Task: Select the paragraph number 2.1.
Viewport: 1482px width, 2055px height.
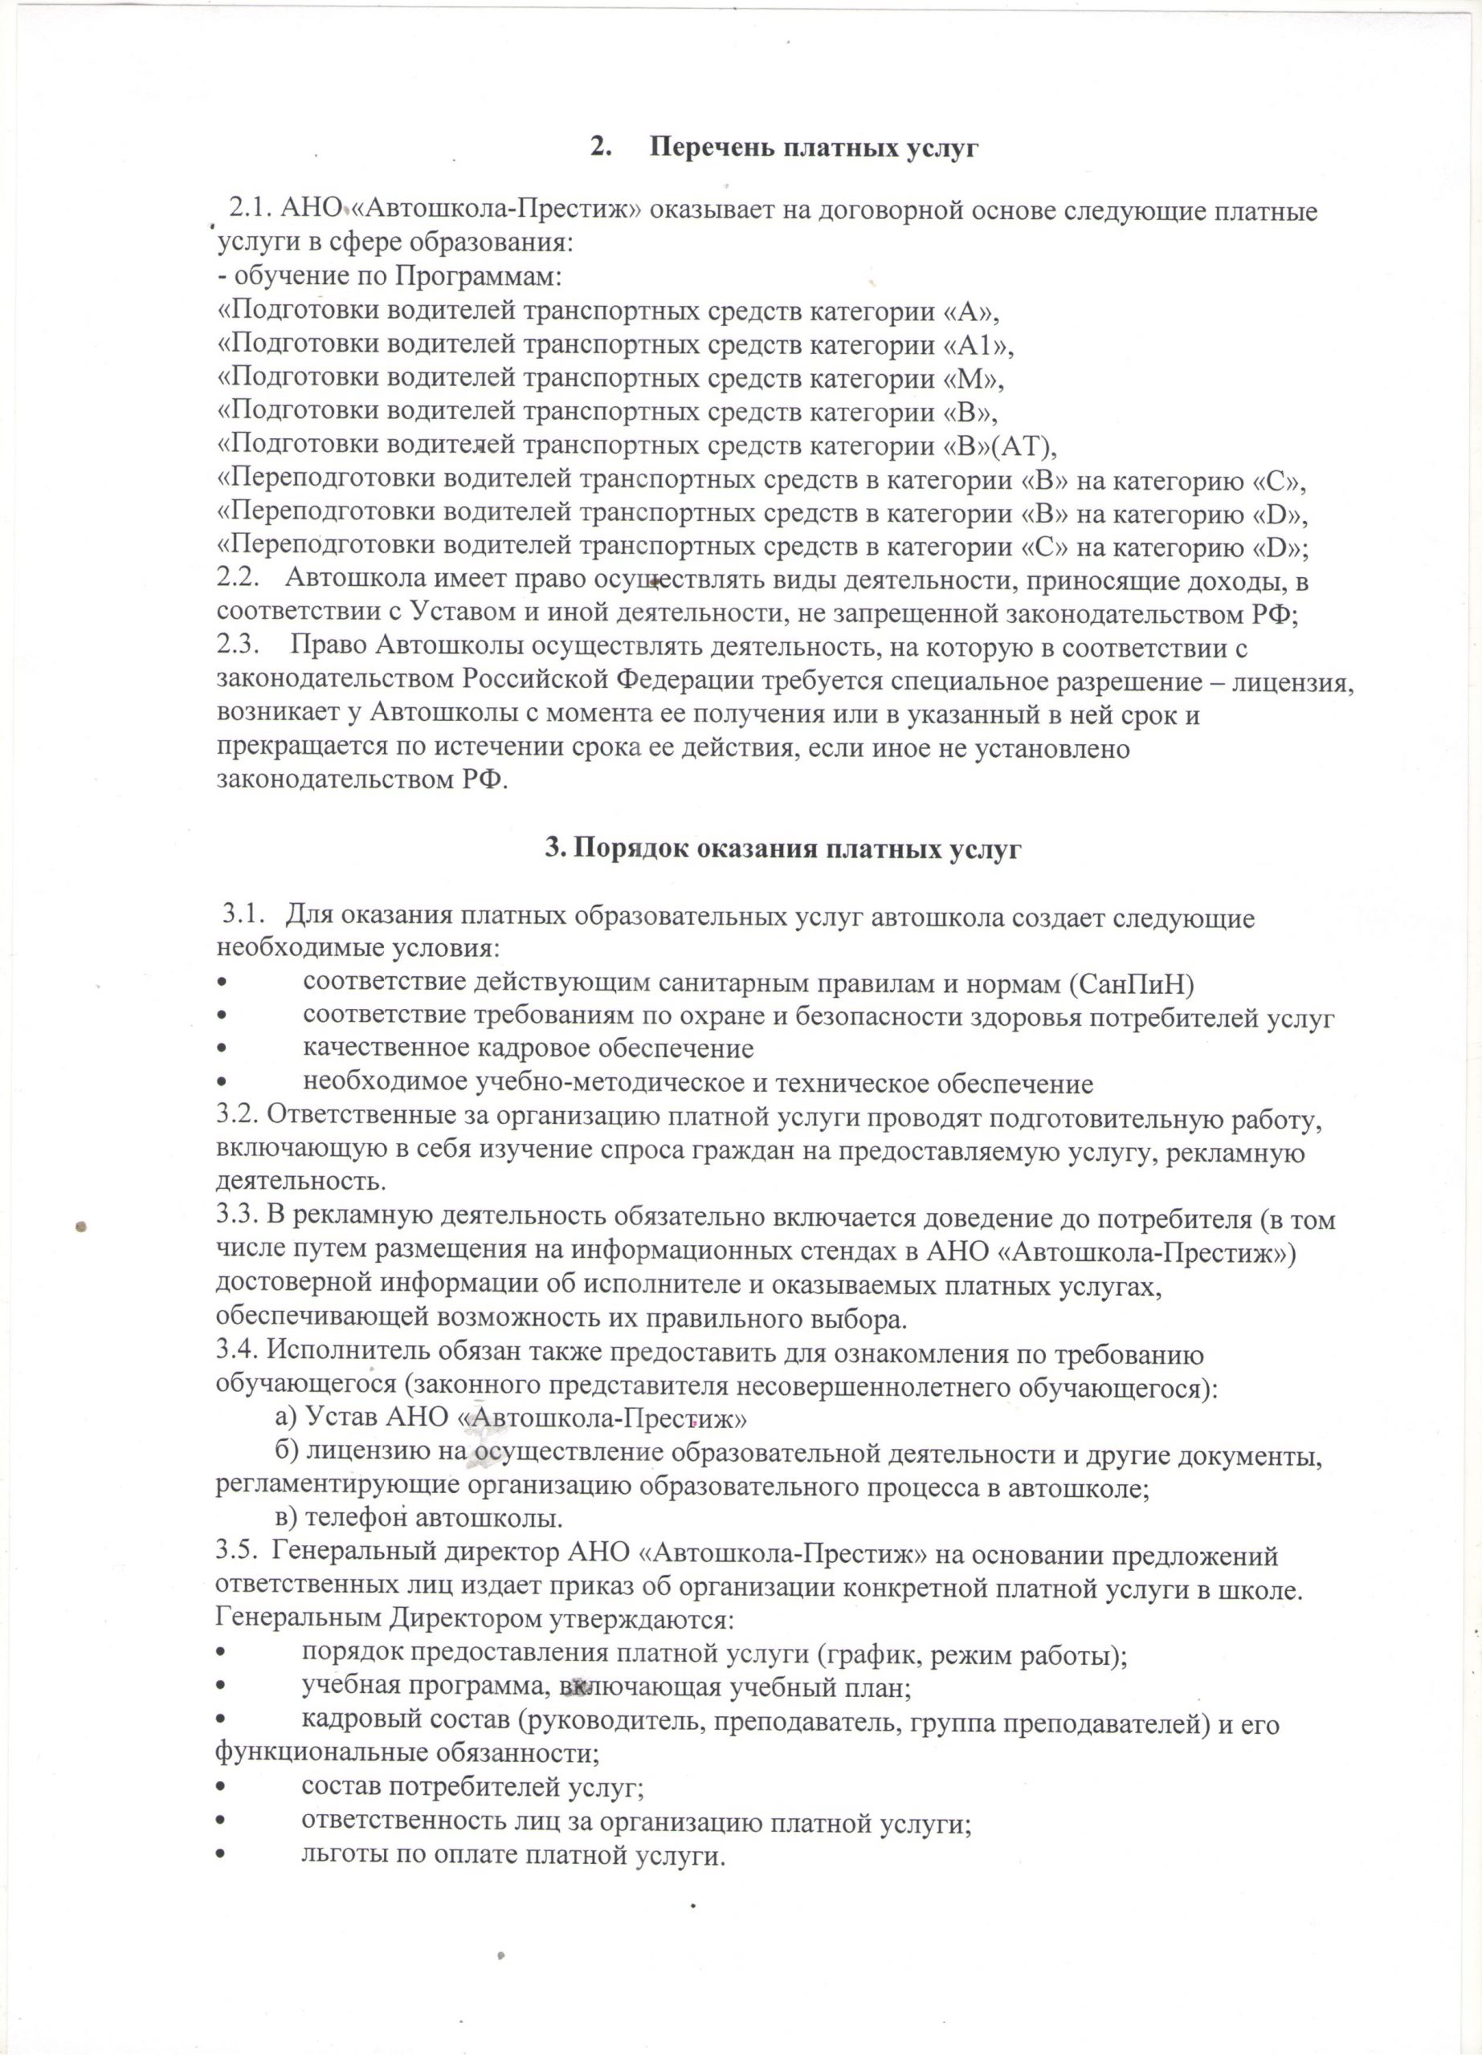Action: point(251,210)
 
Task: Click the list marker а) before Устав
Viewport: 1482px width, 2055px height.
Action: point(288,1417)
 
